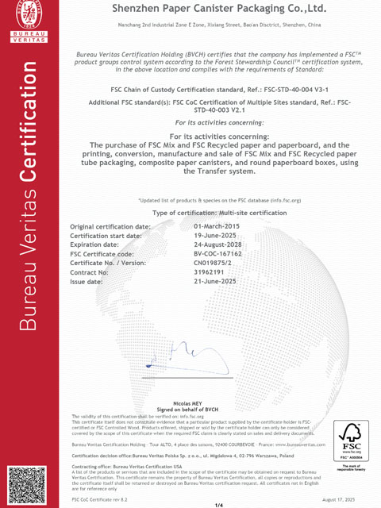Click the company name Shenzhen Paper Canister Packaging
click(215, 10)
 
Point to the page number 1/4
click(218, 504)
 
